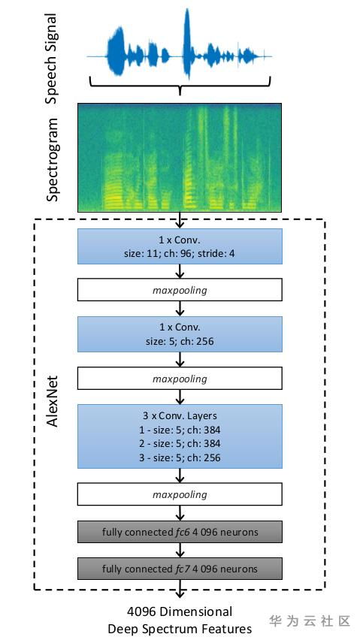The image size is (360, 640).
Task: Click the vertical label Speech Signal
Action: point(52,59)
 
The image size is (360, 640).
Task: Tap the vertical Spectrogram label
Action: point(52,160)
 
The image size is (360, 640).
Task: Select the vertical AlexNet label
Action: point(53,401)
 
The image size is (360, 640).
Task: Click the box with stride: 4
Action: point(180,246)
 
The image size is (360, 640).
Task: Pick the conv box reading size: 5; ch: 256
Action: point(180,334)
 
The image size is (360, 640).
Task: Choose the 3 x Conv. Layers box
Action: point(180,436)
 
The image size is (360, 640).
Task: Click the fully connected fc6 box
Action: point(180,532)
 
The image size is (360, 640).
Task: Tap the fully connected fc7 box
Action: point(180,568)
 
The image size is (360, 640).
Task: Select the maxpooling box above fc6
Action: point(180,494)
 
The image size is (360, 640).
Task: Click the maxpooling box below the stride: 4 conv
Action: point(180,290)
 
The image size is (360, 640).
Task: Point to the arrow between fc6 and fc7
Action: point(180,550)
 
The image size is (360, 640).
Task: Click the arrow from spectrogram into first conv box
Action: point(180,220)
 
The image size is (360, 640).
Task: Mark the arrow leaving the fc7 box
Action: point(180,589)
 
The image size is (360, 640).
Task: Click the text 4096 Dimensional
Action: point(180,611)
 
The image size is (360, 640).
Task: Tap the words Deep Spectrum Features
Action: point(180,629)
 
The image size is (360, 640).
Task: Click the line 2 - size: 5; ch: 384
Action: point(180,443)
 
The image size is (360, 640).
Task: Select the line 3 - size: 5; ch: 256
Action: point(180,457)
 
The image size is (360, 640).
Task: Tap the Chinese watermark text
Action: point(310,620)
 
